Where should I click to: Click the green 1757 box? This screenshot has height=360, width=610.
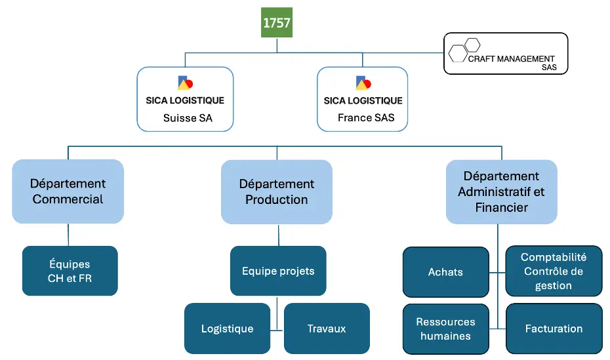277,22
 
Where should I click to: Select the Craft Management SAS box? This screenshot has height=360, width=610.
506,53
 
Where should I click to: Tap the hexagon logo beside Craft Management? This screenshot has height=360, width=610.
464,50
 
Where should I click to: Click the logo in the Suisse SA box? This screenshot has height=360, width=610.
185,83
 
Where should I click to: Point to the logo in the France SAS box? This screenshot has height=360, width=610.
363,83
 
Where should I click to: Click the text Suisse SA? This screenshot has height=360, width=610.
188,118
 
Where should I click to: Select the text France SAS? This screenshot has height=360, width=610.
366,117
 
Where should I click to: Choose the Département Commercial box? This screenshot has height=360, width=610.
68,191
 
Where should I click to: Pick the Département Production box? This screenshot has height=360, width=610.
277,191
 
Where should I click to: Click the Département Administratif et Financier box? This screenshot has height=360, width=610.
502,191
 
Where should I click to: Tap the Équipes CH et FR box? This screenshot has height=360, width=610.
70,271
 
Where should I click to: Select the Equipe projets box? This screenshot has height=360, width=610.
278,271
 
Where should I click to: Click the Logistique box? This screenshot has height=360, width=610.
227,329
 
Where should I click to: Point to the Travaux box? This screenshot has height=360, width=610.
327,329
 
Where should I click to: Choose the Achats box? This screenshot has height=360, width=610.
446,271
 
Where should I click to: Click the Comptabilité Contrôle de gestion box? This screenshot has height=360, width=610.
554,271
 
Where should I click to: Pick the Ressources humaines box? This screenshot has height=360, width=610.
446,329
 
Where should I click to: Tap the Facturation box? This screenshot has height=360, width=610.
554,329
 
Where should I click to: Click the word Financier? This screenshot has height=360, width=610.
502,208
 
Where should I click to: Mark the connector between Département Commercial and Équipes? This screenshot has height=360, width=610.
68,235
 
